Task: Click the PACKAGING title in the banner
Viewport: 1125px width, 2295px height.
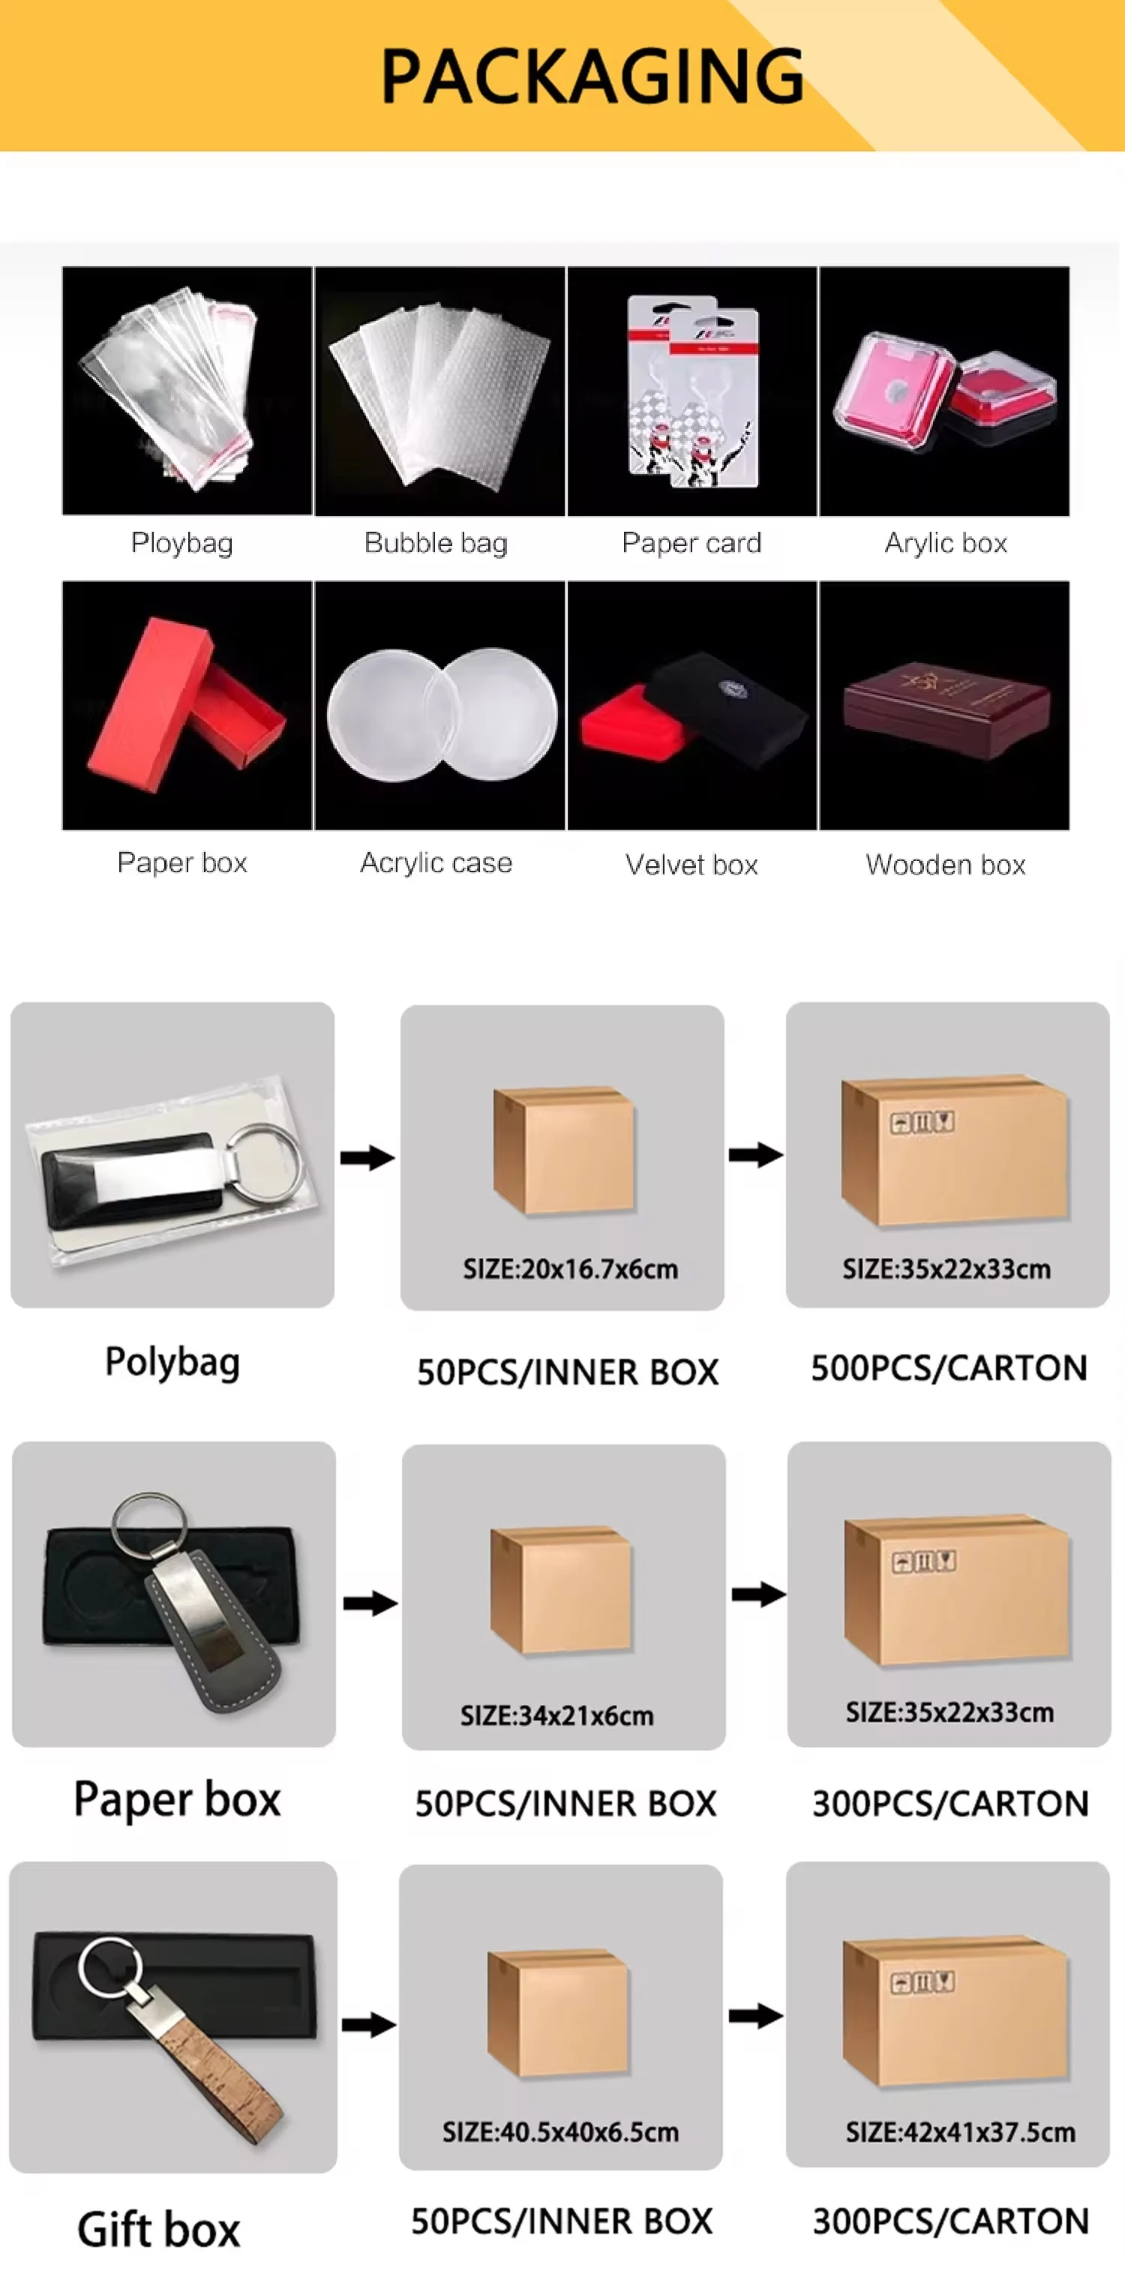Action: point(592,76)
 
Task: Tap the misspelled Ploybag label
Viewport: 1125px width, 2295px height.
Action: point(181,542)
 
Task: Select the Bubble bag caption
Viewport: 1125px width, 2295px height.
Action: point(436,542)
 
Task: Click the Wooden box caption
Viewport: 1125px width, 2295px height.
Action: point(945,864)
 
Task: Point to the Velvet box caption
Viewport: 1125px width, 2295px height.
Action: point(691,864)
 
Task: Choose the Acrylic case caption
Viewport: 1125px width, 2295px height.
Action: point(436,862)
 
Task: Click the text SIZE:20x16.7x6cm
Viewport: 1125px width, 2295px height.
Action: point(570,1269)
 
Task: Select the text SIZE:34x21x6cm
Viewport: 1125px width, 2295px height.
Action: point(556,1715)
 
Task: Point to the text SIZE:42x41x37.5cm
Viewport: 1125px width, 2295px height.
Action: point(960,2132)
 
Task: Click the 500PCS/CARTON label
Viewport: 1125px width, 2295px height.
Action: point(949,1367)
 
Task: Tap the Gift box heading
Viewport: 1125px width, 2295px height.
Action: point(158,2229)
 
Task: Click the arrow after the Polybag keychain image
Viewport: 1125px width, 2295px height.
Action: point(367,1157)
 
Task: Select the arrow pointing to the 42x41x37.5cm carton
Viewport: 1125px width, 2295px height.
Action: point(755,2015)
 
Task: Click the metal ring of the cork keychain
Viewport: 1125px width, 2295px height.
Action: point(109,1966)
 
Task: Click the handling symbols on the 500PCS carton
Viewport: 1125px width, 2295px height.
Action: point(922,1123)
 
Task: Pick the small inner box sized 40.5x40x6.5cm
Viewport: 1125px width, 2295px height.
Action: point(559,2014)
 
